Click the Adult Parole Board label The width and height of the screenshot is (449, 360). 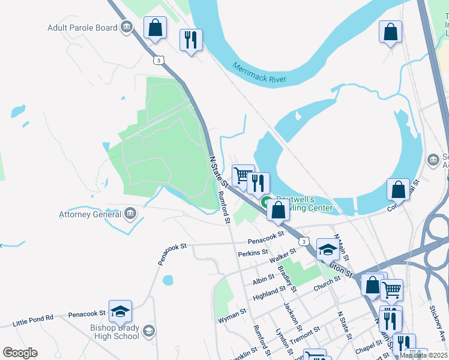pos(82,28)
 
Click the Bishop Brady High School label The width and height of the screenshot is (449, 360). pos(115,332)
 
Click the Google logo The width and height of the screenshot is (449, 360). pos(20,352)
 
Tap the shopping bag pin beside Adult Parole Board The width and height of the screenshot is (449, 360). pos(155,28)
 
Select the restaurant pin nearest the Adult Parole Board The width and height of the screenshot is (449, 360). pos(191,40)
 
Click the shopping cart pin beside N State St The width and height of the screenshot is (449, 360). pos(243,176)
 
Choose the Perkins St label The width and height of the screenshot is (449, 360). pos(253,253)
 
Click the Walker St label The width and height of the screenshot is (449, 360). pos(283,257)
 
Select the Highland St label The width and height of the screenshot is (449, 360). pos(270,292)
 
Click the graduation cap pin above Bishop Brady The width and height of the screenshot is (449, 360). pos(120,311)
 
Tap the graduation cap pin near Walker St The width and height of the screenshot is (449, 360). pos(328,250)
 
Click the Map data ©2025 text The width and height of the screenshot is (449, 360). pos(423,355)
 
